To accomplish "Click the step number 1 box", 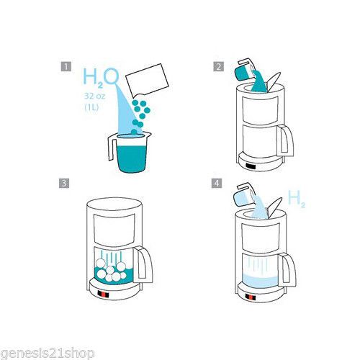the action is pos(66,66).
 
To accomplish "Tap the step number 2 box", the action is pos(218,66).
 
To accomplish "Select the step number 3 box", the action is pos(64,184).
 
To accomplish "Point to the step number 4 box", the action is pos(217,184).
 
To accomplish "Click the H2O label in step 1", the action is pos(101,77).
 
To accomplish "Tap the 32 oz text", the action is pos(94,96).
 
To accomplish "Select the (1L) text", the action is pos(91,107).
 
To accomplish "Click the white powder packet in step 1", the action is pos(147,80).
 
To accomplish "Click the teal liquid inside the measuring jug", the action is pos(132,159).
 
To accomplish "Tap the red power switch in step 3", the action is pos(104,294).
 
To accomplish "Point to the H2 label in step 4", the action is pos(297,199).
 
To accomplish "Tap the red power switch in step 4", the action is pos(251,298).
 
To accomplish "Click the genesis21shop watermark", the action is pos(47,354).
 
